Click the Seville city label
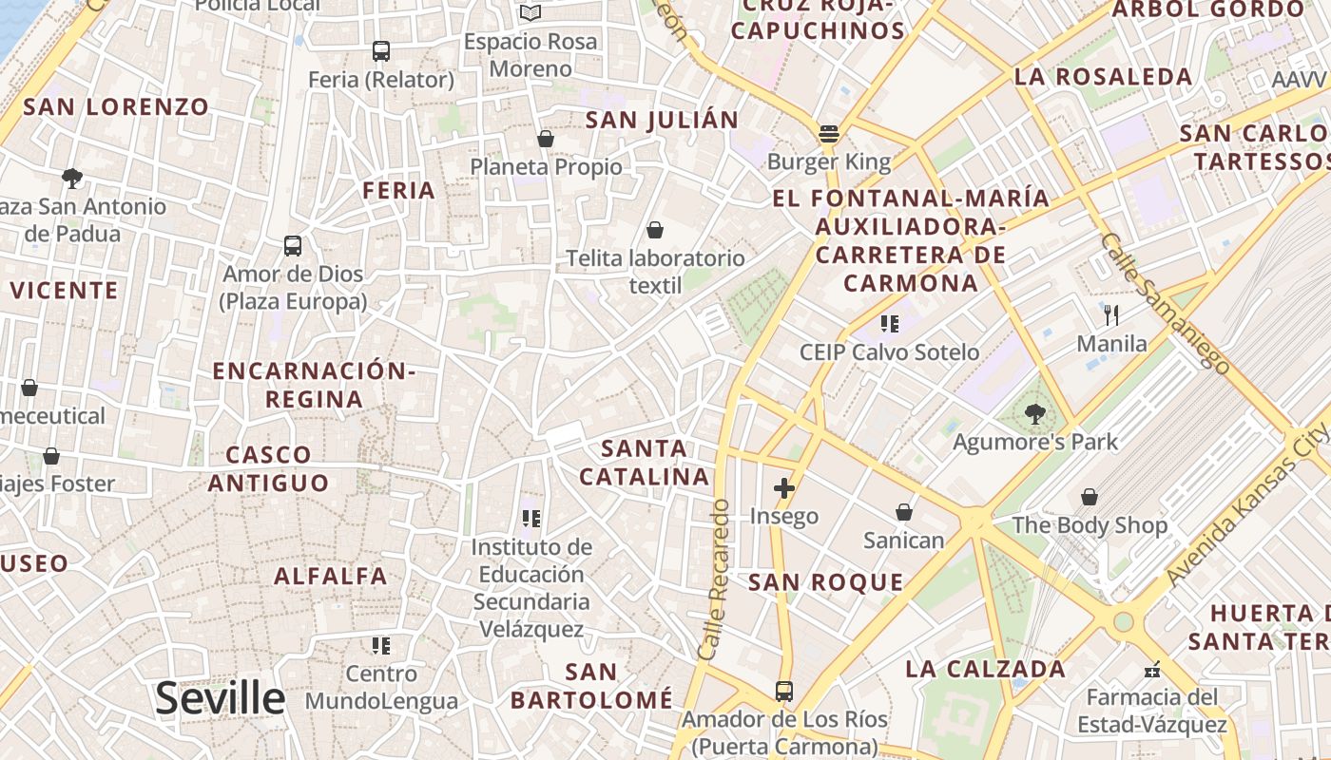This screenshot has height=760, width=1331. (x=220, y=698)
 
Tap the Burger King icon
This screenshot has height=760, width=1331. (x=829, y=134)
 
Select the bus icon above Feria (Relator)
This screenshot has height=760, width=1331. (x=380, y=51)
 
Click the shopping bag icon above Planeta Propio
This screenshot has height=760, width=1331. (x=546, y=139)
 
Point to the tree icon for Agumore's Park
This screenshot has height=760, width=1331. (x=1034, y=414)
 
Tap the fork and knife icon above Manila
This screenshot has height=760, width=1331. (x=1111, y=315)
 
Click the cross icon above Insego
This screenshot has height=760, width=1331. (x=784, y=489)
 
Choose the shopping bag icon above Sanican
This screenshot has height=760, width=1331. (x=904, y=513)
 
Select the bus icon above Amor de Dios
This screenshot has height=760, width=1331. (x=293, y=246)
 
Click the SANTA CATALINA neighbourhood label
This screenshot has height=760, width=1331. (x=645, y=462)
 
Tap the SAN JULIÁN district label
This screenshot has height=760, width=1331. (x=662, y=120)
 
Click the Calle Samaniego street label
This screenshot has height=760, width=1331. (x=1165, y=302)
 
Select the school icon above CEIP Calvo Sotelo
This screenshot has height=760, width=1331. (x=890, y=325)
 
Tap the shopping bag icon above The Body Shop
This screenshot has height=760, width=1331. (x=1090, y=497)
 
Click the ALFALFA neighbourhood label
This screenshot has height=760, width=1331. (x=331, y=576)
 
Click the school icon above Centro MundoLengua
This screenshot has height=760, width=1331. (x=381, y=647)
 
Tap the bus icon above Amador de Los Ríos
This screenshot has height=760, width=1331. (x=784, y=691)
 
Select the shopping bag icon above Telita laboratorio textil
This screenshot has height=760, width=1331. (x=654, y=230)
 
